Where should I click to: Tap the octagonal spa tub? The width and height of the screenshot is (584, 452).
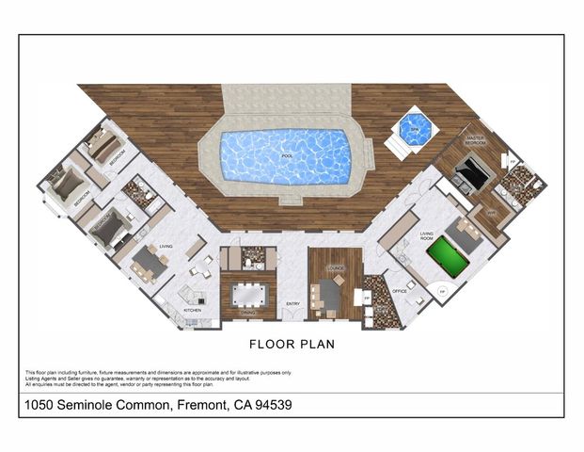pyautogui.click(x=414, y=129)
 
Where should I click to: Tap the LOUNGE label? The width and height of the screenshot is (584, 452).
pyautogui.click(x=335, y=268)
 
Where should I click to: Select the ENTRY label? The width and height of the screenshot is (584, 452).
pyautogui.click(x=292, y=303)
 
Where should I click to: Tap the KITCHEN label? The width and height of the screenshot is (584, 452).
pyautogui.click(x=192, y=309)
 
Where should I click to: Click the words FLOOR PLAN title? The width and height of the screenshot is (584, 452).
pyautogui.click(x=292, y=345)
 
